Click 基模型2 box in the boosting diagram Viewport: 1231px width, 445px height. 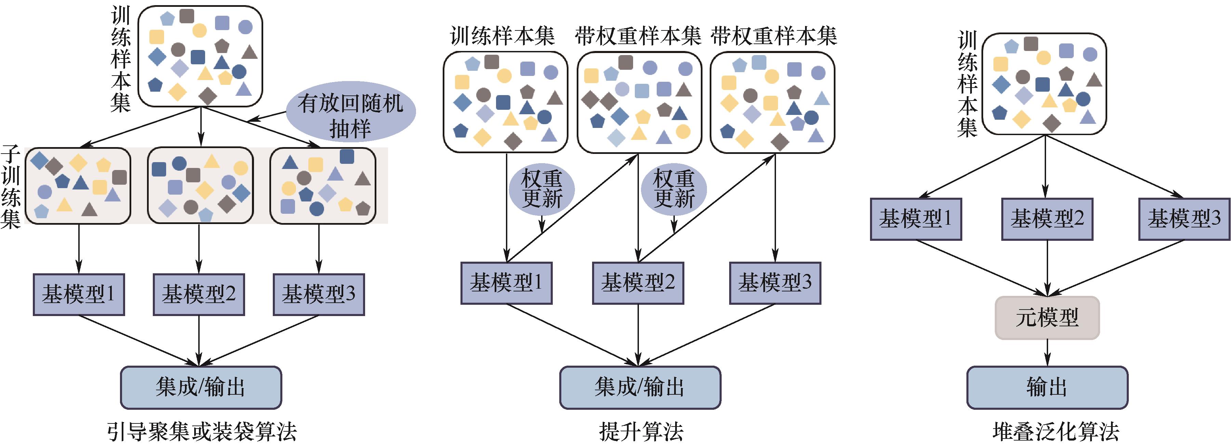click(x=638, y=283)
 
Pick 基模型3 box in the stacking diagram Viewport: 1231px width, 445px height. click(x=1184, y=219)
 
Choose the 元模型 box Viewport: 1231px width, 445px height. click(x=1047, y=318)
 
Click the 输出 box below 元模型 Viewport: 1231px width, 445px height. click(x=1047, y=387)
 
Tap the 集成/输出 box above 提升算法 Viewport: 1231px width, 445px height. click(x=640, y=387)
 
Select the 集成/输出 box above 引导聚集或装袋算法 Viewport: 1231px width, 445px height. click(x=201, y=387)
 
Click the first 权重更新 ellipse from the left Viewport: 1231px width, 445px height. click(x=541, y=189)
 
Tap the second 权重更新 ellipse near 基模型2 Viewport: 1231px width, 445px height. click(x=674, y=189)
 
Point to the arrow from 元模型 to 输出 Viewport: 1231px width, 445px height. click(x=1047, y=353)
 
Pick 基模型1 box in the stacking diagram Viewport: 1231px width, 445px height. click(x=915, y=219)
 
